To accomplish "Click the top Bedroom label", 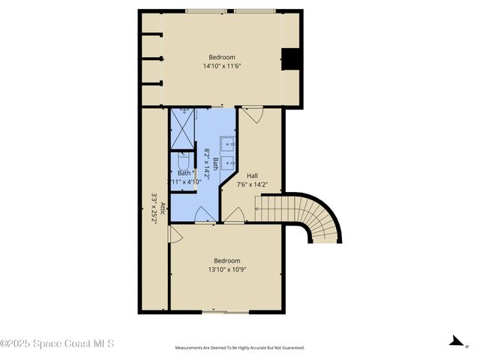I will click(x=221, y=58).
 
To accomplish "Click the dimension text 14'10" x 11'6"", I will click(x=221, y=66).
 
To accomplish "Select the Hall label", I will click(x=251, y=175).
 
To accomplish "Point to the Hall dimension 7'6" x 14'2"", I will click(x=251, y=184).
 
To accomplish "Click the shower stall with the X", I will click(x=182, y=128).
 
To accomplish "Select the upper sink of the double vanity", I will click(x=228, y=142).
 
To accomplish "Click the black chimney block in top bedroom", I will click(x=292, y=59).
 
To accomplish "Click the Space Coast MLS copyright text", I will click(x=58, y=343).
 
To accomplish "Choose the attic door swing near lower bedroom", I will click(x=175, y=235).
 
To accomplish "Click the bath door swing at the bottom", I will click(x=204, y=214).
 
